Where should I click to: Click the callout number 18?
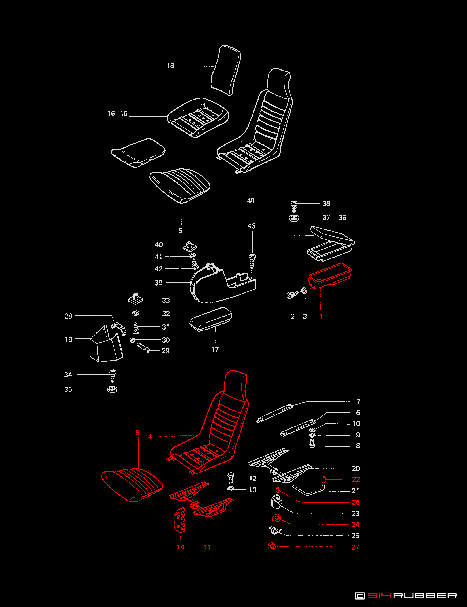170,66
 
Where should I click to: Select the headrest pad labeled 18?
225,71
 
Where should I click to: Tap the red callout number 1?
321,316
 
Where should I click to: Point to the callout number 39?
158,283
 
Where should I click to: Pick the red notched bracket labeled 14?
180,520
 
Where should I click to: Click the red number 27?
355,547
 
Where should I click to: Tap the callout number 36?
342,218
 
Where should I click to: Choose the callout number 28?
68,316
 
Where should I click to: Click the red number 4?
150,437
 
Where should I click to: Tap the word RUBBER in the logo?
425,596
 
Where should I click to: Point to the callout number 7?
358,401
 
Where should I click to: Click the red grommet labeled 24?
276,518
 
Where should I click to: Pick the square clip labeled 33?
135,299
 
